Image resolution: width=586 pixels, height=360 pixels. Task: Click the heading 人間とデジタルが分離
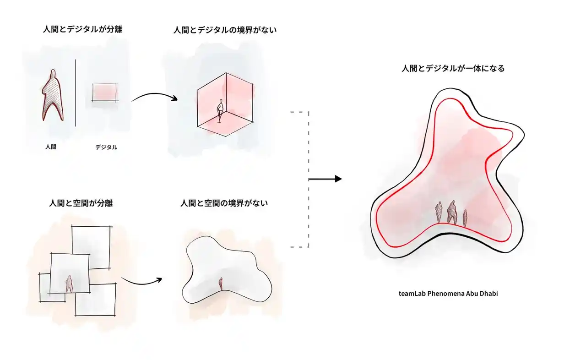[x=82, y=30]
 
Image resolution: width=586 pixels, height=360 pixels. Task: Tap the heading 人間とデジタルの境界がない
[x=225, y=31]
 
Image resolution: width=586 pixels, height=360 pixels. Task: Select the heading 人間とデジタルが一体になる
[x=453, y=69]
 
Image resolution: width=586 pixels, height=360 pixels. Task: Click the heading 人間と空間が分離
[x=81, y=203]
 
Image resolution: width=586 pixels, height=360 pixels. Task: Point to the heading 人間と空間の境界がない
[x=224, y=203]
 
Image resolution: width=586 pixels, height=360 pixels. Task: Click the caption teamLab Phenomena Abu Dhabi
[x=448, y=294]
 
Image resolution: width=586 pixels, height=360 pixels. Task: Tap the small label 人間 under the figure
[x=51, y=147]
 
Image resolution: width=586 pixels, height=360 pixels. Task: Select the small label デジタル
[x=106, y=147]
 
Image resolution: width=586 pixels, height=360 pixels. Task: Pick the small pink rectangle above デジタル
[x=105, y=93]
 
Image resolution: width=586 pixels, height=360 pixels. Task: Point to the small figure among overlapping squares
[x=69, y=284]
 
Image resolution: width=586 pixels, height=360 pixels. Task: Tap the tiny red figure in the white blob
[x=221, y=284]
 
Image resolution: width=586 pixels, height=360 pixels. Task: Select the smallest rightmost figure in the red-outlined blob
[x=465, y=218]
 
